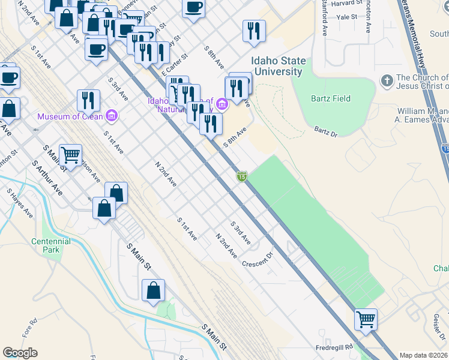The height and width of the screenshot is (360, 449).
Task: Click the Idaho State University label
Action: (x=279, y=66)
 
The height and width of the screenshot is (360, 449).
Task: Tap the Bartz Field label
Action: (x=330, y=98)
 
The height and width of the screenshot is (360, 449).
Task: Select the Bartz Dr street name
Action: (x=326, y=131)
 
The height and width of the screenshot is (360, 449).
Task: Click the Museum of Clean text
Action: (x=70, y=116)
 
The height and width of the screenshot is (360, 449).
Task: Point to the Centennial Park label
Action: (x=51, y=245)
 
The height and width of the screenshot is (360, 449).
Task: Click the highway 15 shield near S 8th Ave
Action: (x=241, y=176)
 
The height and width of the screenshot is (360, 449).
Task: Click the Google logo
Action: (x=20, y=353)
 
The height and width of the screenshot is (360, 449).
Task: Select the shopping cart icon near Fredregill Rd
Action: (x=366, y=319)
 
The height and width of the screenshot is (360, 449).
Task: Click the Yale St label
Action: (x=346, y=18)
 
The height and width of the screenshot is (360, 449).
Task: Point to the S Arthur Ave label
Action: (x=47, y=178)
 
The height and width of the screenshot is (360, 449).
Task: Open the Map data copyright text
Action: (x=424, y=355)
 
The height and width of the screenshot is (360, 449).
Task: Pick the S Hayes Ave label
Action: (x=20, y=203)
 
